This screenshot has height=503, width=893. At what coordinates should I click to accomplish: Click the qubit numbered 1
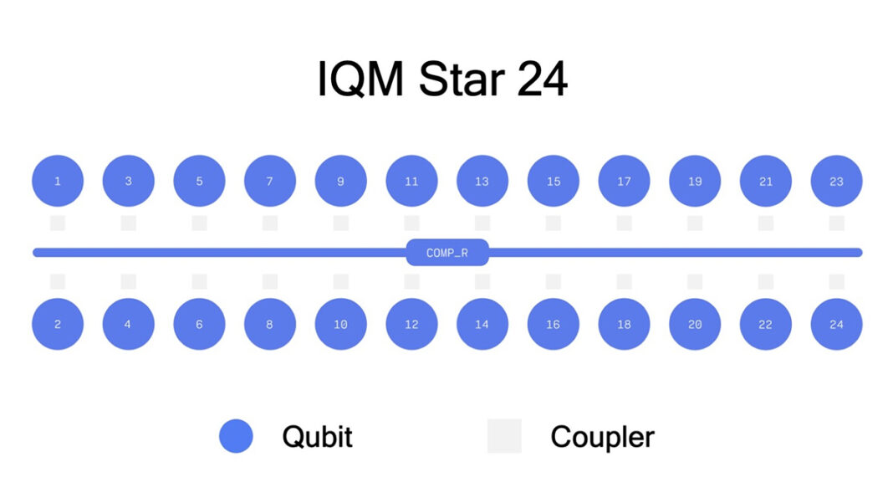58,181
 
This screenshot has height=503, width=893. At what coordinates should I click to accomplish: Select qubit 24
836,324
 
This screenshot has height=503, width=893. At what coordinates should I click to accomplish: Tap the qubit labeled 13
482,181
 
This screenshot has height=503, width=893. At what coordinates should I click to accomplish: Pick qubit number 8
270,324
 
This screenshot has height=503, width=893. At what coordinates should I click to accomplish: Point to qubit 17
624,181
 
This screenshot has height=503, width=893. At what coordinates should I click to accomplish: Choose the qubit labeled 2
58,324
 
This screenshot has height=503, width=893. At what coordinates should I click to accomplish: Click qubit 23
836,181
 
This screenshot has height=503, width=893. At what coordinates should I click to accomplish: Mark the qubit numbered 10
340,324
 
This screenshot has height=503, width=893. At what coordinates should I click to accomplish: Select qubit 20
695,324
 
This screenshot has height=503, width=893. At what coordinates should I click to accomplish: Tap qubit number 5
199,181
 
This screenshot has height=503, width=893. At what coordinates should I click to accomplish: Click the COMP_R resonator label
447,253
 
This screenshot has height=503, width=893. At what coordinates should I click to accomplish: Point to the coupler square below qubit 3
128,223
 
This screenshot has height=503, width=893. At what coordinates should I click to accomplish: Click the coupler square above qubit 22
766,281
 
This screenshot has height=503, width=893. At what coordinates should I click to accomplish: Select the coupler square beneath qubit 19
695,223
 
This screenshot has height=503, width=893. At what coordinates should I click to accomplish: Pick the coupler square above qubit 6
199,281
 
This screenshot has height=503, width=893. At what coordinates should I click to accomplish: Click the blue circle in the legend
236,436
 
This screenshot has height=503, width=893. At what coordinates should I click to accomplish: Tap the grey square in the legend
504,436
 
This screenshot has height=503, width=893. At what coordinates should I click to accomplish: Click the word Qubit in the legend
317,437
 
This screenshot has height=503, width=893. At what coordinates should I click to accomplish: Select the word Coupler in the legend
602,437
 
